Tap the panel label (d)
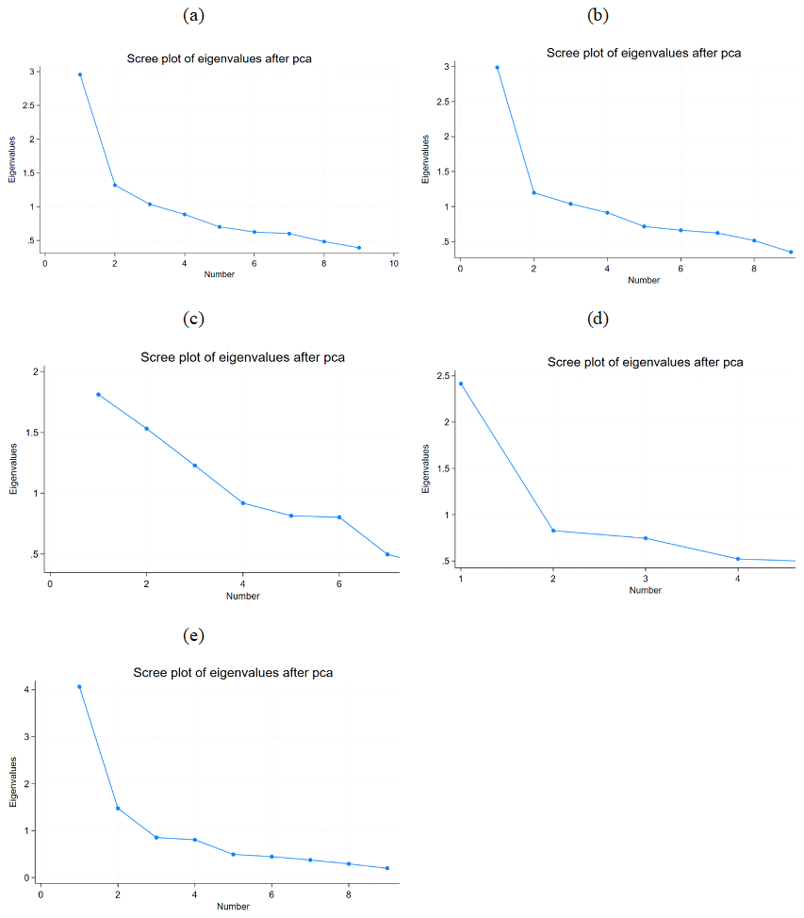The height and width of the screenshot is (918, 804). point(598,318)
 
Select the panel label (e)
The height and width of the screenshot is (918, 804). point(194,635)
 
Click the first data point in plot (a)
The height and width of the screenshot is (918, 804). point(80,74)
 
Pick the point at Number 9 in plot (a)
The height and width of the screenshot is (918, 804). point(359,248)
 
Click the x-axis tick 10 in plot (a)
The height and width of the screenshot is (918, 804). point(394,264)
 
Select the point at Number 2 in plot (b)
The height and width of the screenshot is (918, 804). point(533,193)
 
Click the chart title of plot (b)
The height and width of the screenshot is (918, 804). point(644,53)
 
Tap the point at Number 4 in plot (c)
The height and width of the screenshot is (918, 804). point(243,503)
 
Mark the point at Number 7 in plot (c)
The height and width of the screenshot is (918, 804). point(387,554)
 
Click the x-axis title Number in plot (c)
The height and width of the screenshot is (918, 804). point(243,596)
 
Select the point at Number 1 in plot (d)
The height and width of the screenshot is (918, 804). point(461,384)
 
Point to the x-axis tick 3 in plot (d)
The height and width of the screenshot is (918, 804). point(646,578)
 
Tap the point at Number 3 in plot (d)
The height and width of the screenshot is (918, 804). point(646,538)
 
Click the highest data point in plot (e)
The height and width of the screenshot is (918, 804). point(79,687)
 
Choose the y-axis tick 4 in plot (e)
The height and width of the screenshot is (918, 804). point(29,690)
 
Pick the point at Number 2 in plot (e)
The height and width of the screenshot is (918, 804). point(118,808)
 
